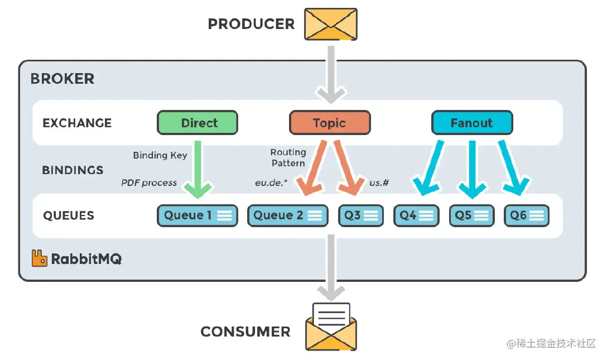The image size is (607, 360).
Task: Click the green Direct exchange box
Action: tap(197, 123)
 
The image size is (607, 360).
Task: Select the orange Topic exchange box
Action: tap(329, 123)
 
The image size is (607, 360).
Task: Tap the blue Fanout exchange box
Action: tap(471, 123)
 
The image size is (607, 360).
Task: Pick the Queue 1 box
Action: tap(197, 215)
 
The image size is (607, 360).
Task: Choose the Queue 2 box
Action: tap(288, 215)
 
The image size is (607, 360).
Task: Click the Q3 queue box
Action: tap(361, 215)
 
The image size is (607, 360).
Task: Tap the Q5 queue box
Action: tap(472, 215)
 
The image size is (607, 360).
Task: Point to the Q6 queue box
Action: tap(527, 215)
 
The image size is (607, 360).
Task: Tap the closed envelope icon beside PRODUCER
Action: tap(331, 23)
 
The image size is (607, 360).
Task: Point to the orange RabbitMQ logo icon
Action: tap(39, 258)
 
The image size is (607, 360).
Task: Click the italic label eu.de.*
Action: tap(271, 183)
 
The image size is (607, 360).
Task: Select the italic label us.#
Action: tap(379, 183)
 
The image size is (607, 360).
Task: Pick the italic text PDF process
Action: tap(149, 183)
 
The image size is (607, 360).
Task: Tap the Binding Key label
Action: tap(160, 155)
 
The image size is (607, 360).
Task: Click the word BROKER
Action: tap(62, 79)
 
